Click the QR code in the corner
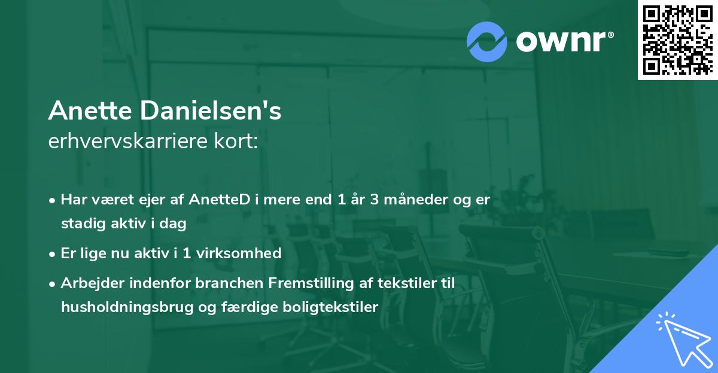point(678,39)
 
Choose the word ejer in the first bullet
point(150,200)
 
